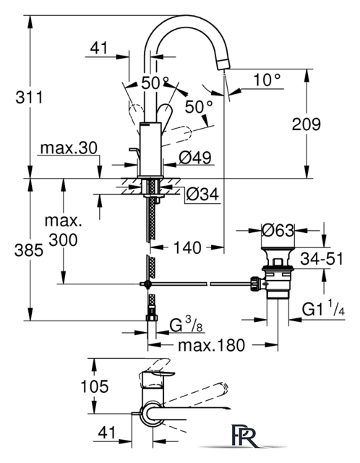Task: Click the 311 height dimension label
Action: tap(29, 97)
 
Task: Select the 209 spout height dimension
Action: tap(307, 124)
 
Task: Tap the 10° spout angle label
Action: tap(267, 80)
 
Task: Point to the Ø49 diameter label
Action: tap(195, 158)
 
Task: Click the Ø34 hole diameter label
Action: tap(202, 195)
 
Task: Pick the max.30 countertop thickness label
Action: tap(69, 148)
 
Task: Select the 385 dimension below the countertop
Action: tap(29, 251)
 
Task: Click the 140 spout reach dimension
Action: tap(187, 247)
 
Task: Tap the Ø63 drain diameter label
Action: tap(278, 230)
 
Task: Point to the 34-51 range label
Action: tap(322, 259)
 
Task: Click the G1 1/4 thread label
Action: tap(323, 309)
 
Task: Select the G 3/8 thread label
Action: tap(187, 324)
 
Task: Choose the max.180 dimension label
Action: tap(212, 345)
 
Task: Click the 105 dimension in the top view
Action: tap(95, 386)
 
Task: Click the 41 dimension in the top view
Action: tap(107, 433)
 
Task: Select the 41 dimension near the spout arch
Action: tap(99, 48)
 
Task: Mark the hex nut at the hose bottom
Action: tap(152, 318)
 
